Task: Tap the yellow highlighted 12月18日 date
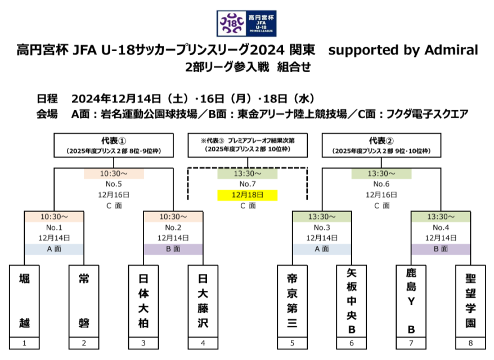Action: (x=248, y=195)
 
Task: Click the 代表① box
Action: (x=114, y=145)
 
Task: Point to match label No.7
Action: (x=248, y=184)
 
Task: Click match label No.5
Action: (x=114, y=184)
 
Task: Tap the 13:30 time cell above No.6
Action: (x=381, y=174)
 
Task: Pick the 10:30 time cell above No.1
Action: (x=54, y=217)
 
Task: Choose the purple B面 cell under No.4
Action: (x=441, y=249)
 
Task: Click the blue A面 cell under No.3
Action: (x=322, y=249)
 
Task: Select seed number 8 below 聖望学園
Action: (x=471, y=343)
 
